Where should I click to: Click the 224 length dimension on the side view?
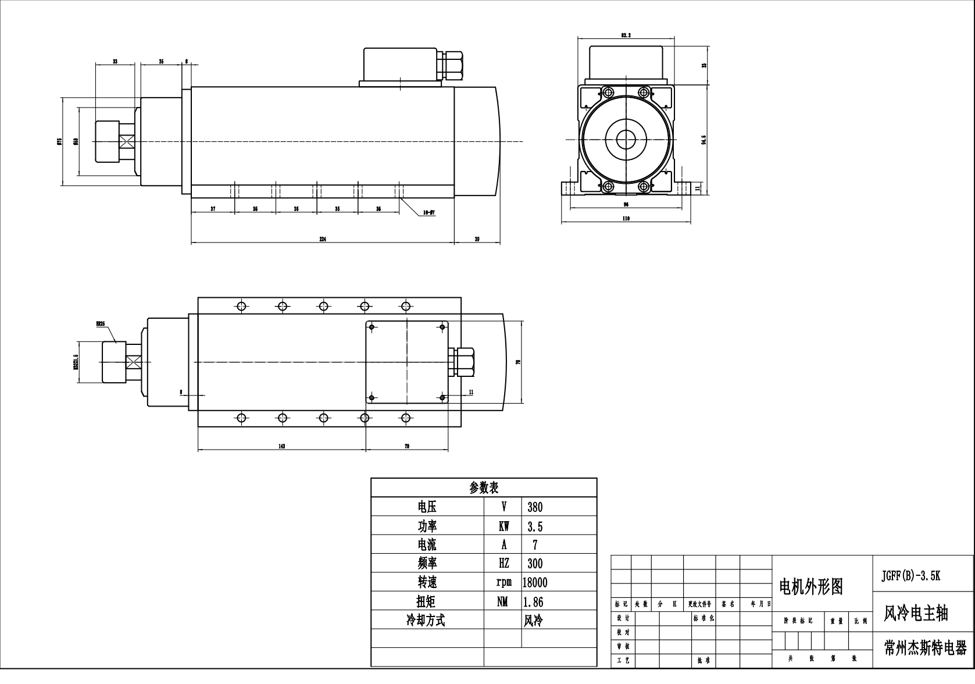pyautogui.click(x=322, y=239)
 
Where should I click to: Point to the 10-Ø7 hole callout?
pyautogui.click(x=428, y=213)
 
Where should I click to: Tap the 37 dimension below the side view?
pyautogui.click(x=213, y=208)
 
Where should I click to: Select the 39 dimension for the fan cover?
pyautogui.click(x=477, y=239)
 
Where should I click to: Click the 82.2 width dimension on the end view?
pyautogui.click(x=626, y=35)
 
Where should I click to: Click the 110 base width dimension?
pyautogui.click(x=626, y=219)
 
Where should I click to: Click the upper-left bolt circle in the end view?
pyautogui.click(x=608, y=92)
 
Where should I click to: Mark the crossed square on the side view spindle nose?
pyautogui.click(x=127, y=141)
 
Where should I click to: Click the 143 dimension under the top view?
pyautogui.click(x=281, y=446)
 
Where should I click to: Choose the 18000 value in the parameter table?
pyautogui.click(x=534, y=582)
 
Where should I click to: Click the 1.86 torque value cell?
pyautogui.click(x=533, y=601)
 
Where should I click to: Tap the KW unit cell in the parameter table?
pyautogui.click(x=503, y=526)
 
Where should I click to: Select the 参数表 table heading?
pyautogui.click(x=484, y=487)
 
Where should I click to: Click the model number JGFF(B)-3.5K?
pyautogui.click(x=910, y=576)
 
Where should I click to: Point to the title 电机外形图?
pyautogui.click(x=810, y=587)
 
